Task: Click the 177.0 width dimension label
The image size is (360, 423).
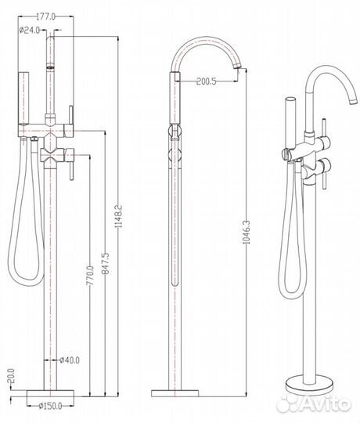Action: [45, 16]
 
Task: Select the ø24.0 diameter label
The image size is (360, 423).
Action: [30, 30]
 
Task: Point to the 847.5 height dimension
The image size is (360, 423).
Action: [106, 263]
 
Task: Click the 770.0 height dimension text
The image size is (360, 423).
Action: [90, 276]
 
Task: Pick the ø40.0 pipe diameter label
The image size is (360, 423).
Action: [70, 360]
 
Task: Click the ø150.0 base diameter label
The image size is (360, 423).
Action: [50, 406]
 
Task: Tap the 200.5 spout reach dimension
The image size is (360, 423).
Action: [206, 81]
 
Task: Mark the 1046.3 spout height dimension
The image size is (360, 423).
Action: [247, 233]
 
